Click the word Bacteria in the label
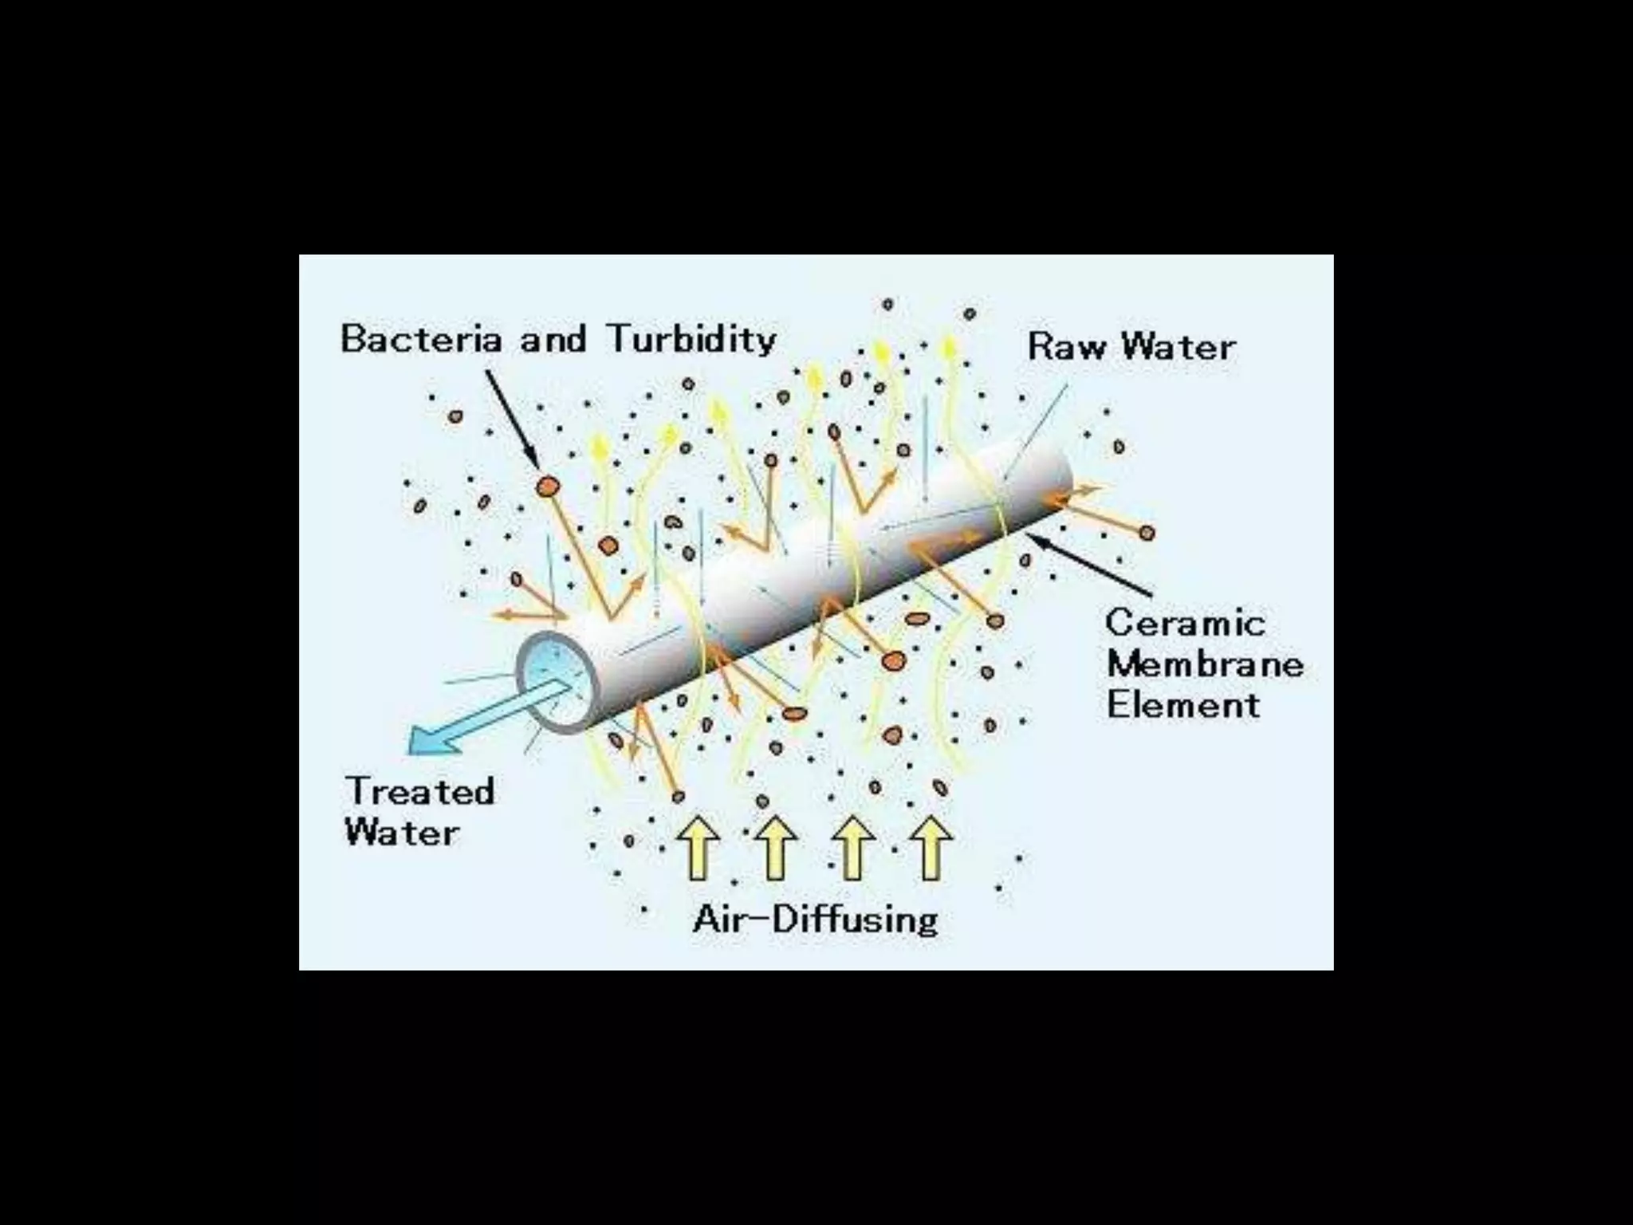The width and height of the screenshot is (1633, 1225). click(422, 339)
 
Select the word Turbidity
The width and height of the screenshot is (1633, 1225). click(692, 339)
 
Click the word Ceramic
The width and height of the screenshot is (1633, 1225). click(1185, 623)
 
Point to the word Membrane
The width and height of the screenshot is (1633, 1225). click(1205, 664)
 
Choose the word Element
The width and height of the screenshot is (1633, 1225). click(1183, 705)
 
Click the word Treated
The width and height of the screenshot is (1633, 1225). click(420, 791)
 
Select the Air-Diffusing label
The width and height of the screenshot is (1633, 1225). click(816, 920)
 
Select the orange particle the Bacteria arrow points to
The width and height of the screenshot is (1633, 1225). click(548, 485)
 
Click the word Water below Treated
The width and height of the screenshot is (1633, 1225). click(402, 833)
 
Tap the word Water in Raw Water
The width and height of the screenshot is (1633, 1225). click(1179, 347)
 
